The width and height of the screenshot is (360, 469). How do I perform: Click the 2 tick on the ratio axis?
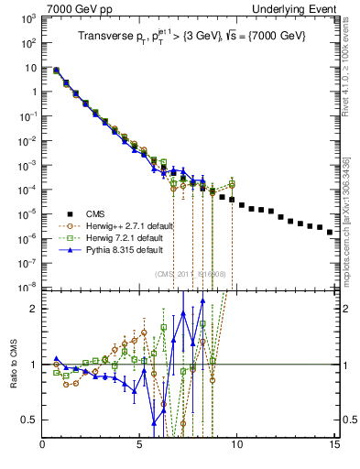[37, 309]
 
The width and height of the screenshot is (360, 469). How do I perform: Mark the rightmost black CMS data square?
[330, 232]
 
